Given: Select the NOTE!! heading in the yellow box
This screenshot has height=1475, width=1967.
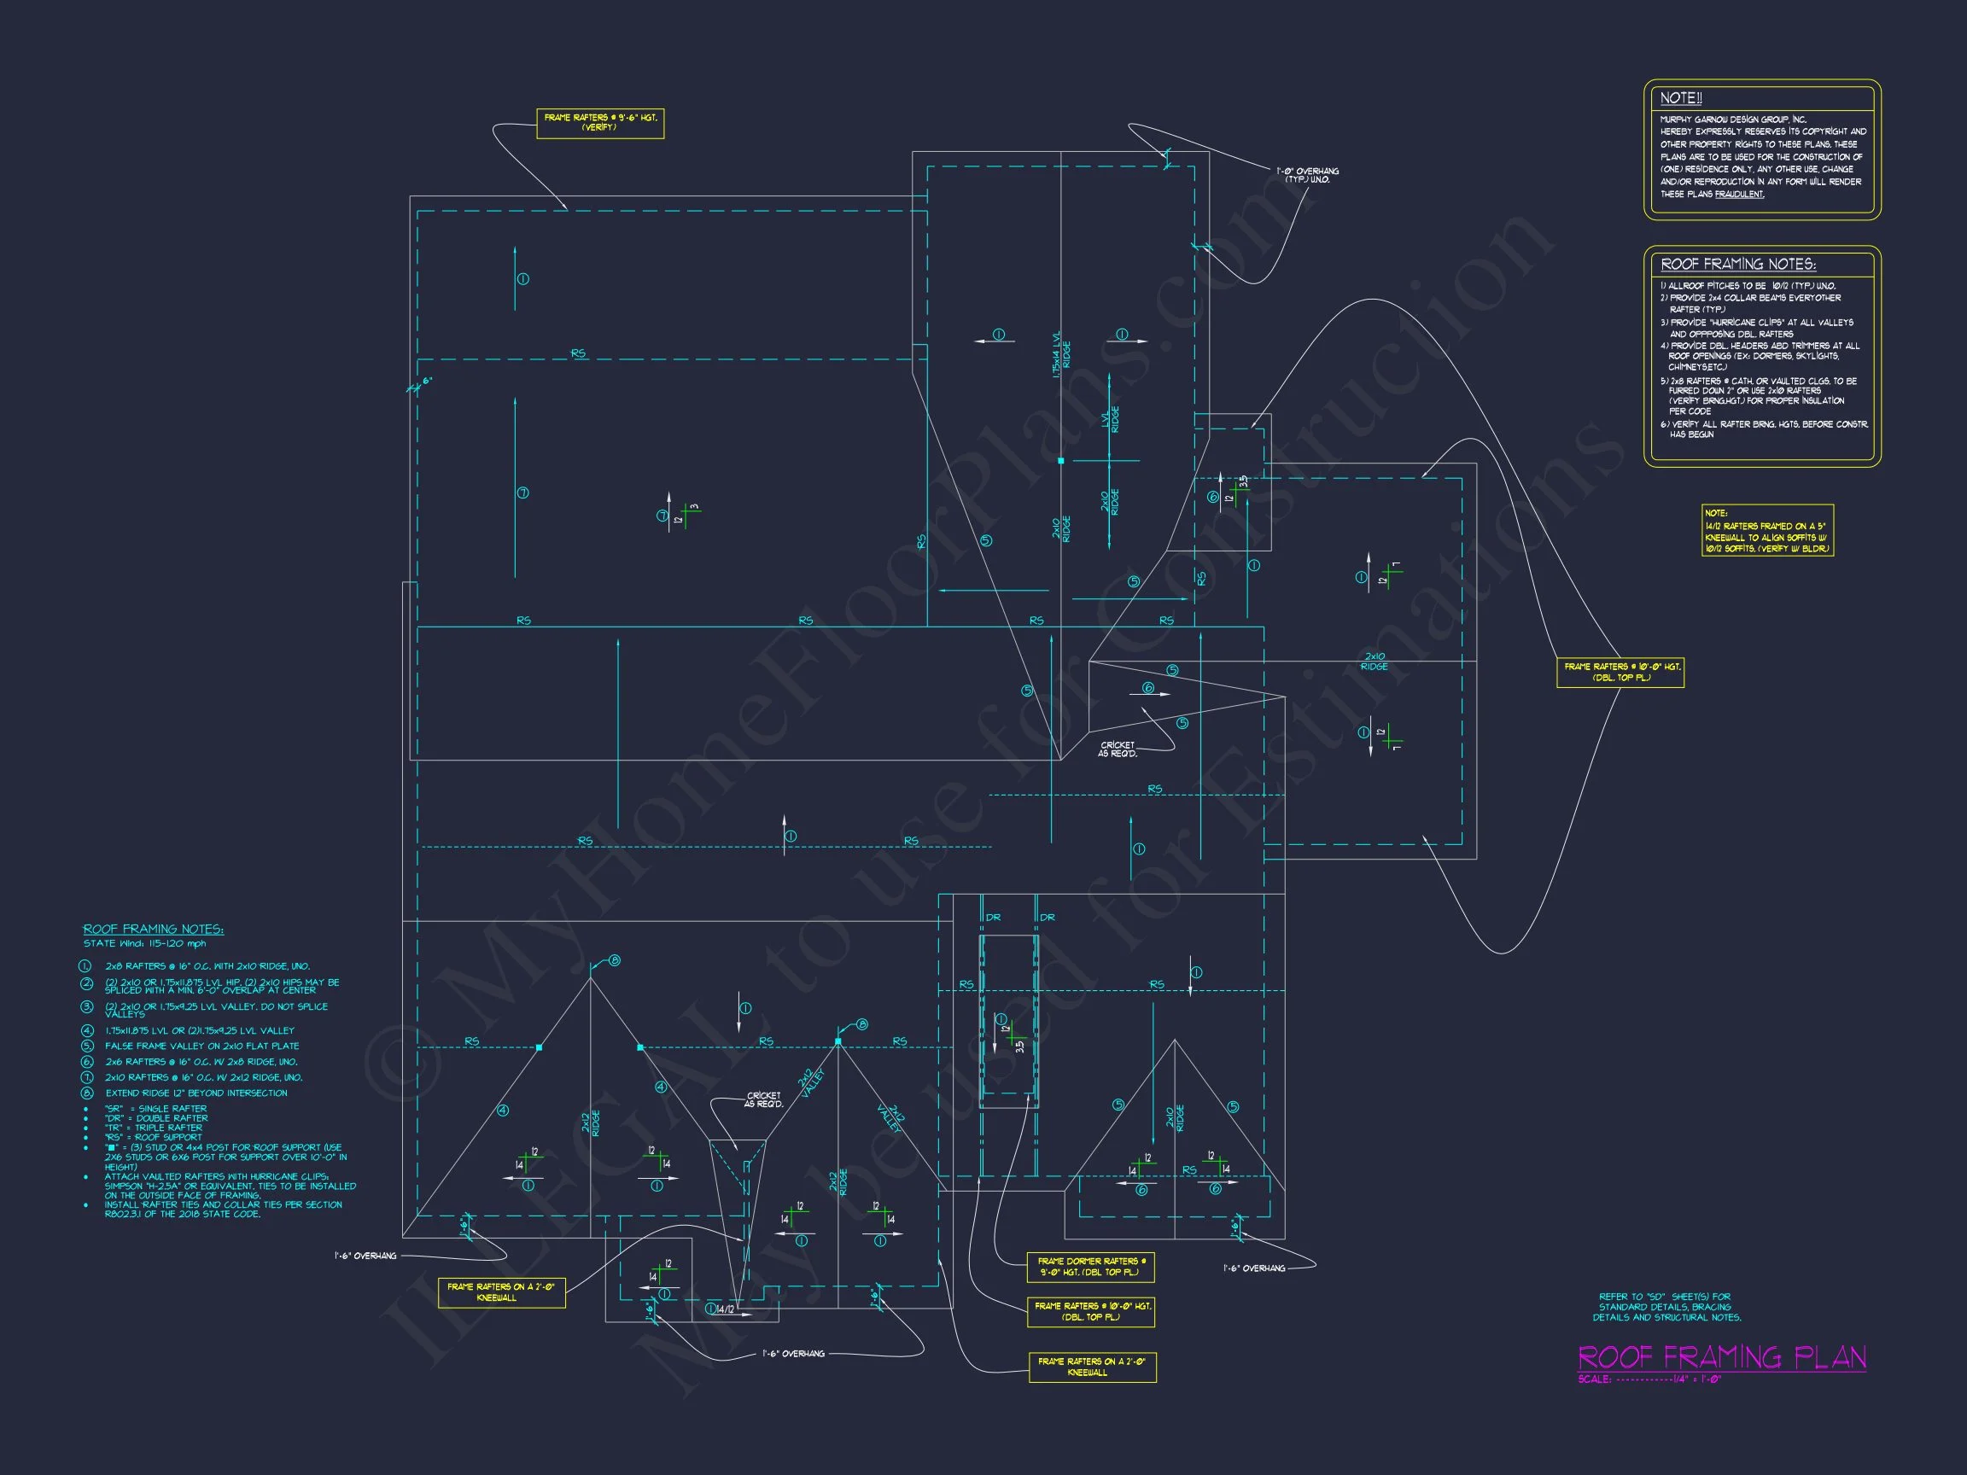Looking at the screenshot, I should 1681,99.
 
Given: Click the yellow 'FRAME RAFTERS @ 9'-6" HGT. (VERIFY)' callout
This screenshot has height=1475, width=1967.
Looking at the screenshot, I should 599,123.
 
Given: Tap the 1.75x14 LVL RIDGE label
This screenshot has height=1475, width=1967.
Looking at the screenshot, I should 1061,355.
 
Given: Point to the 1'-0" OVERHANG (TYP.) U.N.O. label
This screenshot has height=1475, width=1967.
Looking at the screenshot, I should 1307,175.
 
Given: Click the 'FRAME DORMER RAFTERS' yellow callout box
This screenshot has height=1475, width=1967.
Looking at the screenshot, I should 1090,1267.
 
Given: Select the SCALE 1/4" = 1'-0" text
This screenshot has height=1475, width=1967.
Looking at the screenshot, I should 1649,1380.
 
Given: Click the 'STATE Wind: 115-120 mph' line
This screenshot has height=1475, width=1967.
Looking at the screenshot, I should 144,943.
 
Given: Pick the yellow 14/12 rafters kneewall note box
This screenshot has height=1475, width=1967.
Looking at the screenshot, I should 1767,531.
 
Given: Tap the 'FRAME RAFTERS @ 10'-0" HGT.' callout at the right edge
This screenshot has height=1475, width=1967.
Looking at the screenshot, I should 1620,672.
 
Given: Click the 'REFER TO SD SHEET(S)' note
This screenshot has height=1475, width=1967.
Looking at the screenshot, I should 1666,1307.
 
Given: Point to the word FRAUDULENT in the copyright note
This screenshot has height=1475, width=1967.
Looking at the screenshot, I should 1738,195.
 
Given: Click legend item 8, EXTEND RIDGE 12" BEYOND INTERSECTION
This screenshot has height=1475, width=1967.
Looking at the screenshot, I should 196,1093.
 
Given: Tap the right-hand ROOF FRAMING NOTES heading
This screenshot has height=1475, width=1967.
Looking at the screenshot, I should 1737,264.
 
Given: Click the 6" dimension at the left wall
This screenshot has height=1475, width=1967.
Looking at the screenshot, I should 427,381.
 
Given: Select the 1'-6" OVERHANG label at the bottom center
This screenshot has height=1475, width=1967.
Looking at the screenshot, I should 793,1354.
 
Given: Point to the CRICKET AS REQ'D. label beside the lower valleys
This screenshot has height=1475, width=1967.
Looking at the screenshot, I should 764,1099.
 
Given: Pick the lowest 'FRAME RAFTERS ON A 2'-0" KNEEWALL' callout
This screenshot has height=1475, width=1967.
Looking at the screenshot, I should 1091,1367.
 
